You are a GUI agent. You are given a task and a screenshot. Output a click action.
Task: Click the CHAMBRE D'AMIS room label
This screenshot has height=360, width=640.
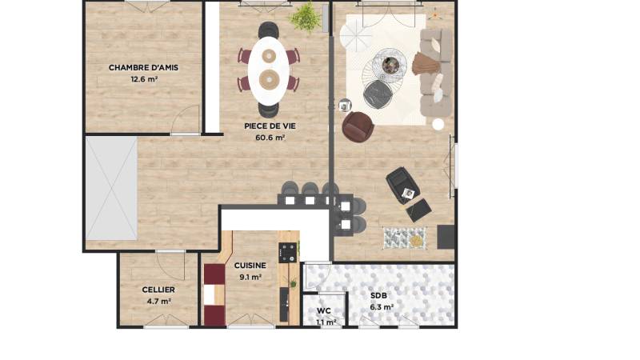click(x=143, y=68)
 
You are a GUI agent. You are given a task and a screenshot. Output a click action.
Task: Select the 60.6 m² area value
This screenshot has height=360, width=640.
click(x=270, y=138)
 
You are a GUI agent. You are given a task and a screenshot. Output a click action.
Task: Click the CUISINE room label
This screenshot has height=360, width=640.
click(x=250, y=266)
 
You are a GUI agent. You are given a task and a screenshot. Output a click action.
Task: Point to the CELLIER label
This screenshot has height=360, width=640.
click(x=158, y=290)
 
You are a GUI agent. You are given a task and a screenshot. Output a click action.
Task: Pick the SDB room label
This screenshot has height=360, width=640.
click(x=379, y=295)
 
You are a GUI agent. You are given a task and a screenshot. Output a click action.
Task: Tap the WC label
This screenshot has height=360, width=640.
click(x=324, y=310)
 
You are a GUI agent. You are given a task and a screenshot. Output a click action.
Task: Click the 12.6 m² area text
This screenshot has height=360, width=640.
click(x=143, y=79)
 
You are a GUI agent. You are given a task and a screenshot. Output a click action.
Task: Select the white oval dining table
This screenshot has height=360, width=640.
click(x=268, y=67)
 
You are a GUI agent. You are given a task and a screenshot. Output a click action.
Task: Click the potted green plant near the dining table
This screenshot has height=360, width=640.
click(x=305, y=17)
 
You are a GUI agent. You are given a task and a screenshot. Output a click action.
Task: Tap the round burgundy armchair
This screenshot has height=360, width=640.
click(x=357, y=126)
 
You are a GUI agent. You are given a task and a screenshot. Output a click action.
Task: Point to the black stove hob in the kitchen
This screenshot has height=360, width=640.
click(x=287, y=253)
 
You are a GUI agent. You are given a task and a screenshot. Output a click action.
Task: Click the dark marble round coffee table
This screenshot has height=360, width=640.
click(x=390, y=64)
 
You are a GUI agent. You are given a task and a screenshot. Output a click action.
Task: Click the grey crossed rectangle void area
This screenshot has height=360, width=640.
click(x=111, y=188)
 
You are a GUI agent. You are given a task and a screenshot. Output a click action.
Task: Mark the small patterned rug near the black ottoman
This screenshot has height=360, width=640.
click(x=404, y=238)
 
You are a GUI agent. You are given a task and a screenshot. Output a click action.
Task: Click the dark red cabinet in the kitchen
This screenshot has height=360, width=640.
click(x=214, y=294)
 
